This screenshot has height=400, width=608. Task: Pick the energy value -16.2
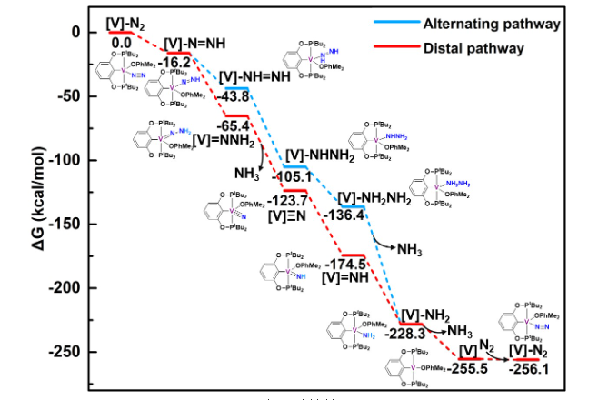point(174,62)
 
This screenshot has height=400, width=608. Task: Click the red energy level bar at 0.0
point(121,32)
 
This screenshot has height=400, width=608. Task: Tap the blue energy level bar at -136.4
point(351,206)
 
